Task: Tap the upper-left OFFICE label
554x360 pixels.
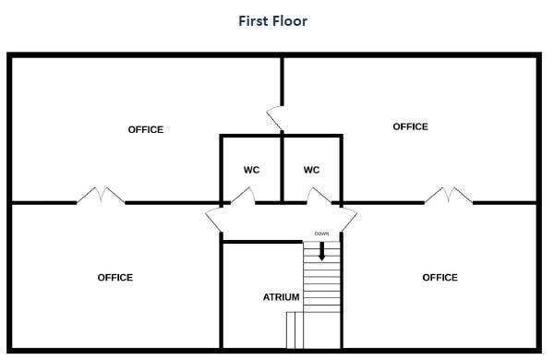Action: [x=146, y=129]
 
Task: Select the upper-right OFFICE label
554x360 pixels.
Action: [x=410, y=126]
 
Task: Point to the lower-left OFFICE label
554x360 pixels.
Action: [x=115, y=277]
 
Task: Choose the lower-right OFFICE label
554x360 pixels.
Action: [x=440, y=277]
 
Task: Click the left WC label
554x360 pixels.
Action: [x=251, y=170]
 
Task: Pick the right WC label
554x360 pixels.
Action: [x=312, y=170]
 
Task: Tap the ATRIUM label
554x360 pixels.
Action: [x=282, y=297]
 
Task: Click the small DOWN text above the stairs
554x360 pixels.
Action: [x=321, y=234]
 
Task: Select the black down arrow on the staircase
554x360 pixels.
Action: [x=321, y=251]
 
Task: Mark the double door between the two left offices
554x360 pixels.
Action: [x=101, y=196]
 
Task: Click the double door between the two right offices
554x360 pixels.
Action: [x=449, y=196]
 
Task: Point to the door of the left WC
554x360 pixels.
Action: [x=243, y=197]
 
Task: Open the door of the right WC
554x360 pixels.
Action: [x=319, y=197]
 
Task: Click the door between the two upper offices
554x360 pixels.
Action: [x=275, y=118]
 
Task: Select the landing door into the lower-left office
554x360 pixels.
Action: [x=213, y=220]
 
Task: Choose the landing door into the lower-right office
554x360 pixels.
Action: [x=349, y=220]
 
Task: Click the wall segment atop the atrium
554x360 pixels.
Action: [x=263, y=242]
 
